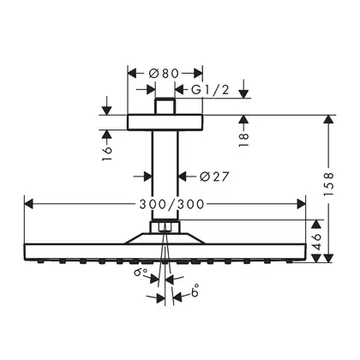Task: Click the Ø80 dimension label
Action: point(164,74)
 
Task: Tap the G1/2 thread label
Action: point(210,90)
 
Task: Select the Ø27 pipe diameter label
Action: point(214,177)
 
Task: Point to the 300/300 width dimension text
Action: point(172,204)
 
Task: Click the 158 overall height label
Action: point(329,183)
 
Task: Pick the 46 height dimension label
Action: point(316,242)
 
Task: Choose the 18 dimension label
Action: point(243,140)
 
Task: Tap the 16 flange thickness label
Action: point(106,153)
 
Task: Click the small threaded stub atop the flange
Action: point(165,106)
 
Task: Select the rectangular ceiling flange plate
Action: point(165,123)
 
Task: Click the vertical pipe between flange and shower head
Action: point(165,175)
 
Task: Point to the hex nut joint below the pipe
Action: point(165,227)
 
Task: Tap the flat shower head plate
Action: point(165,252)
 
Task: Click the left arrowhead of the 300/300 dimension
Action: point(29,204)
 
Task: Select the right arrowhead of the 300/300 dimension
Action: point(301,204)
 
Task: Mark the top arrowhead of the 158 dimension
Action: point(329,119)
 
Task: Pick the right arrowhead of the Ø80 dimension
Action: point(198,74)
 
